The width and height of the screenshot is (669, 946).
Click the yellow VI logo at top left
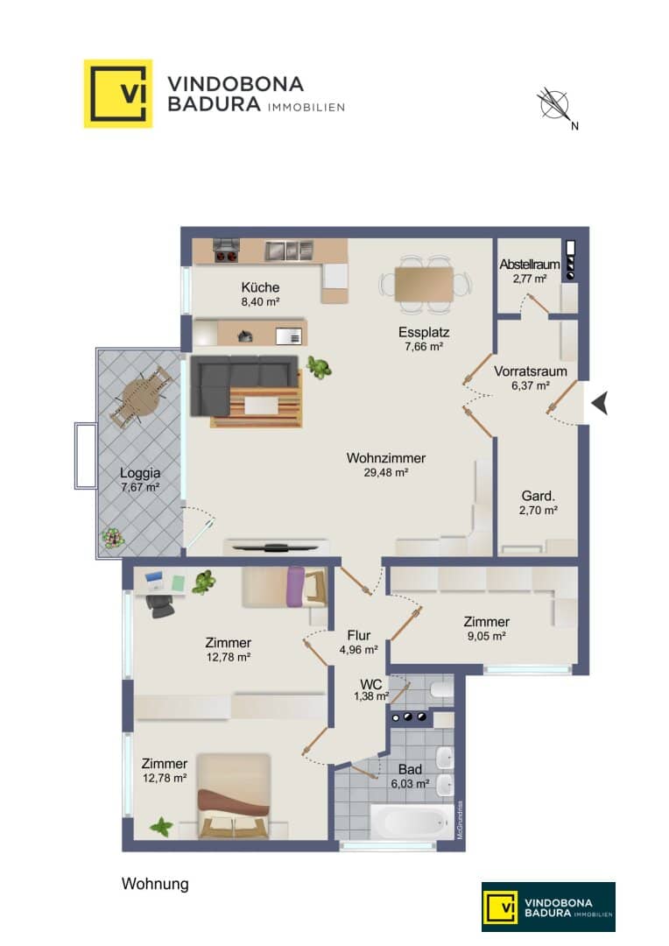[x=117, y=94]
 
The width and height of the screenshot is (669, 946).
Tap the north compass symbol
[x=555, y=106]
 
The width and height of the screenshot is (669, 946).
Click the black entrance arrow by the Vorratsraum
[x=600, y=403]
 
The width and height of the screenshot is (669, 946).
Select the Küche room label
[x=260, y=287]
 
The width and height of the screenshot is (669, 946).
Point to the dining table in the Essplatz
[x=424, y=284]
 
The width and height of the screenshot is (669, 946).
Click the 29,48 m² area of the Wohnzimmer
[x=386, y=472]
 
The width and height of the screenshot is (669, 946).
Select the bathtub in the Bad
[x=412, y=821]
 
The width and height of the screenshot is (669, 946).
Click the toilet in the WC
[x=441, y=689]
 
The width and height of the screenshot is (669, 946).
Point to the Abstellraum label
[x=530, y=265]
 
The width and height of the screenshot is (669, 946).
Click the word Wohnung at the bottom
[x=155, y=884]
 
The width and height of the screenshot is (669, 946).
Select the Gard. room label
[x=539, y=496]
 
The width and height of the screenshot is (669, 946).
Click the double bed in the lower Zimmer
[x=234, y=795]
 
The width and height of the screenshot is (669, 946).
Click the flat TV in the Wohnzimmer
[x=276, y=547]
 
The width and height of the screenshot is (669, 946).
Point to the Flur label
[x=359, y=635]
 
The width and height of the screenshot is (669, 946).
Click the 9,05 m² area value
[x=486, y=636]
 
